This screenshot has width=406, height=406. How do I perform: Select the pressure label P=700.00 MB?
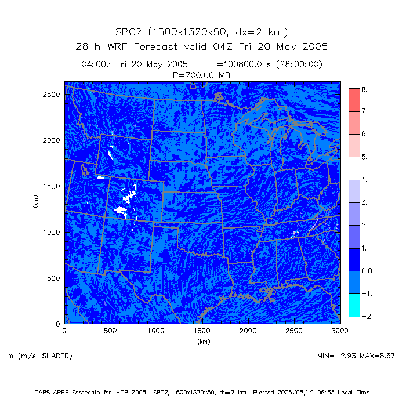tap(202, 75)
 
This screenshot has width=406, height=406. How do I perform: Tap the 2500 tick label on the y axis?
tap(52, 94)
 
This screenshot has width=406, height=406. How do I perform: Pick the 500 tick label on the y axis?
tap(54, 278)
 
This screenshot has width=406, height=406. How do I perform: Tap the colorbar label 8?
tap(364, 89)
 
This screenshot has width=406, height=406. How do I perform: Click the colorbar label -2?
tap(367, 316)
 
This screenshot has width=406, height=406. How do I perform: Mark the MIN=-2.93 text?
tap(336, 355)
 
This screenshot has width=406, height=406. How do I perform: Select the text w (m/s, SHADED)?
tap(41, 355)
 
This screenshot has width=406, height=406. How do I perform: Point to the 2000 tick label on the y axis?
tap(52, 140)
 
